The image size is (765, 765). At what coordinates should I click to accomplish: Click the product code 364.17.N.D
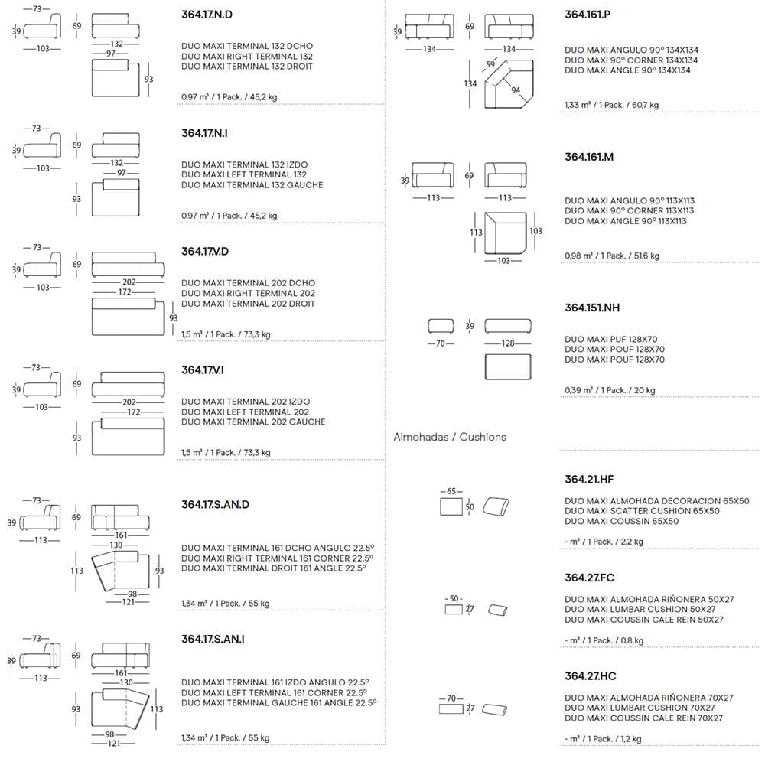click(205, 15)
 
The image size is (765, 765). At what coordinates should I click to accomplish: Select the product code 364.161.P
click(588, 15)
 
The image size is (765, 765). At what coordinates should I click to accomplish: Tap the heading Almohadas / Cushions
click(450, 437)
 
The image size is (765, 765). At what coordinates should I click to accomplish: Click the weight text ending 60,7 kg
click(611, 105)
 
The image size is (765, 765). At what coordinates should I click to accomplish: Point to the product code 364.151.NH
click(592, 308)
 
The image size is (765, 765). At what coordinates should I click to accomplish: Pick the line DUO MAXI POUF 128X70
click(614, 350)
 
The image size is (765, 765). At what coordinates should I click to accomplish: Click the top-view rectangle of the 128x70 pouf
click(508, 366)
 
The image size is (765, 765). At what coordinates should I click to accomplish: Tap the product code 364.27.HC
click(590, 676)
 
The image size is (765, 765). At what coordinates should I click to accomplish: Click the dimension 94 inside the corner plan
click(516, 90)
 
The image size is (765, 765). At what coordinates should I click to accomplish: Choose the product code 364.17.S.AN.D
click(216, 504)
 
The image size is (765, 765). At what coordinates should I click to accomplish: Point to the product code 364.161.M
click(589, 157)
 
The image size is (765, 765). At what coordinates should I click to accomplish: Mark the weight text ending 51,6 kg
click(611, 256)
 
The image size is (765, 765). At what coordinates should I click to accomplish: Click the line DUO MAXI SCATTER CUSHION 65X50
click(642, 511)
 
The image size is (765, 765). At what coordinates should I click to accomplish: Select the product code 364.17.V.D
click(205, 251)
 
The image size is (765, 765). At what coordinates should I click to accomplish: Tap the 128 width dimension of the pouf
click(508, 343)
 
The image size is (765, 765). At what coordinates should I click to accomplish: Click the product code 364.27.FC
click(590, 578)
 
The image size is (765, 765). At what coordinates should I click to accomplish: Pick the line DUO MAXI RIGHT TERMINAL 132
click(247, 56)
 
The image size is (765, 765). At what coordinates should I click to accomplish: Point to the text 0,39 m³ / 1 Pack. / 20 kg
click(610, 390)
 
